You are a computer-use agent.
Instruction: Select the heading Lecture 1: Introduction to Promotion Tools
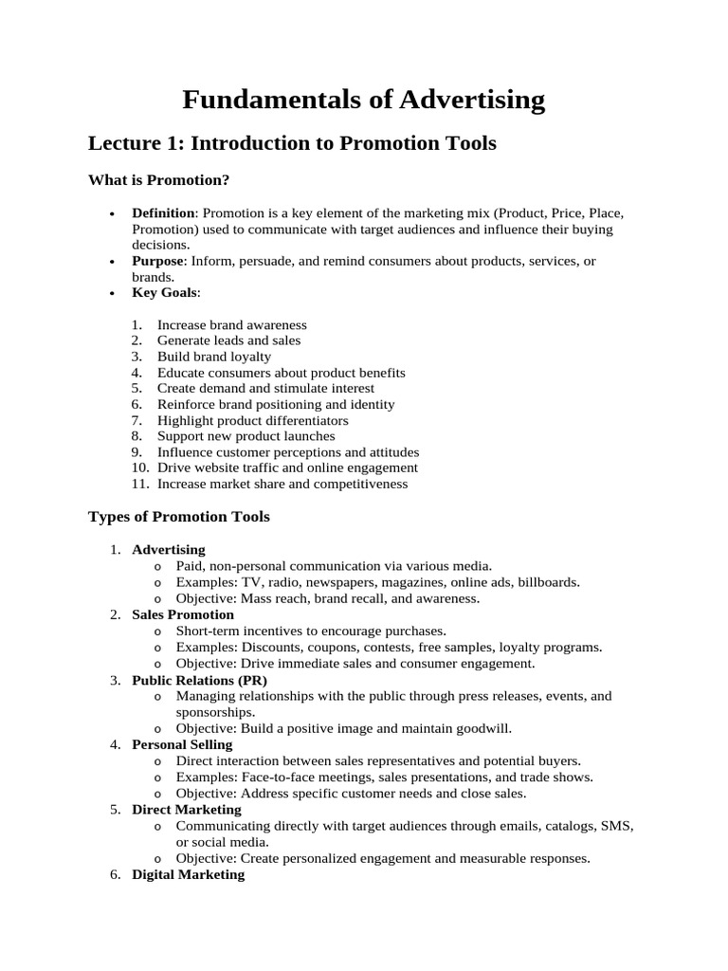click(292, 143)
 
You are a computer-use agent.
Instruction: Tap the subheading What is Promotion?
click(159, 179)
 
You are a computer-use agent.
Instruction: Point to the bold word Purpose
click(159, 261)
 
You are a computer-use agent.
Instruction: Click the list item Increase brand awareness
click(231, 324)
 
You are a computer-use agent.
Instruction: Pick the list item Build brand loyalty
click(213, 357)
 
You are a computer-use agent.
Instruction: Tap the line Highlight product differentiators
click(252, 420)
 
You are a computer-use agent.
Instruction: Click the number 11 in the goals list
click(139, 484)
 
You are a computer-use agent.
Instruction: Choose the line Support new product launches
click(246, 436)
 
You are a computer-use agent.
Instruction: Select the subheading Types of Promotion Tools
click(178, 517)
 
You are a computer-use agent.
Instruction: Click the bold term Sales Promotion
click(182, 614)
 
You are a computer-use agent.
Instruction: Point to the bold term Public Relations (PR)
click(199, 680)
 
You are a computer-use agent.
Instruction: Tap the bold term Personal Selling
click(182, 744)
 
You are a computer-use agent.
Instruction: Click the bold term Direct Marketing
click(186, 810)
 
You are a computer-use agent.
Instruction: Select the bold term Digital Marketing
click(188, 874)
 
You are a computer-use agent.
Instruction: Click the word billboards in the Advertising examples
click(547, 582)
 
